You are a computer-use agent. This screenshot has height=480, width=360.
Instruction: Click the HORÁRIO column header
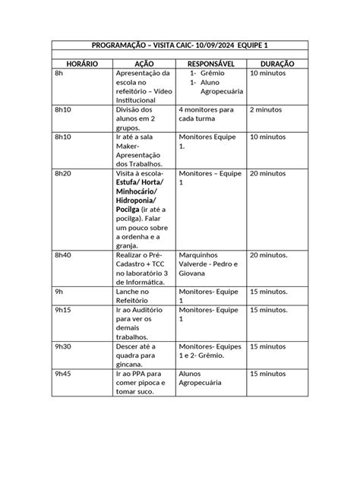(82, 65)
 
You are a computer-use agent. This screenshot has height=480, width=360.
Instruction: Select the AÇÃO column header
(144, 65)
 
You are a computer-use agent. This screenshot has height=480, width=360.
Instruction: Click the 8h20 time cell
(63, 174)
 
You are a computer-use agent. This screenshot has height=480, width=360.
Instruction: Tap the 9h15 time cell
(63, 310)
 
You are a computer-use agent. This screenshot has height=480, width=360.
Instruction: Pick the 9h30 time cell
(63, 346)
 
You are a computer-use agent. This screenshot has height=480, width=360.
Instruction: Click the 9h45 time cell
(63, 374)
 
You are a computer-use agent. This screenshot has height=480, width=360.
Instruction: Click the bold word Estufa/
(132, 183)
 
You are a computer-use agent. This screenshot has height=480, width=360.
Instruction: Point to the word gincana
(132, 365)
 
